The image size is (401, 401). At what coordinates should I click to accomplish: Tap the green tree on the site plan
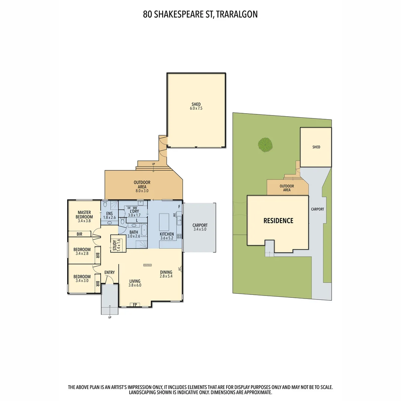point(265,144)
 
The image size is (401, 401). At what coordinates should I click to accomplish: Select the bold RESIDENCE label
point(278,221)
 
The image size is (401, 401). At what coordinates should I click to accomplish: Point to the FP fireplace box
point(135,305)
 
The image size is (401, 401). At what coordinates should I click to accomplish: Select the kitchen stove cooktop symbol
point(180,236)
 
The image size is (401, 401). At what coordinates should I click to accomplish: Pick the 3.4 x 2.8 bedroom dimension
point(82,254)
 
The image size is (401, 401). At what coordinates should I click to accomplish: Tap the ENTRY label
point(110,273)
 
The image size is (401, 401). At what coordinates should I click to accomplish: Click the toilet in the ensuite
point(105,205)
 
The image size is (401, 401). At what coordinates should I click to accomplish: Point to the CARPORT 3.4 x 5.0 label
point(200,227)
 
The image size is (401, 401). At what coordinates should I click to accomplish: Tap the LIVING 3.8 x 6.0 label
point(135,283)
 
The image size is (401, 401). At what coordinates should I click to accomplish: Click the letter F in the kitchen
point(179,206)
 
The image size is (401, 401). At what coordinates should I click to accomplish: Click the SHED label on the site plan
point(316,147)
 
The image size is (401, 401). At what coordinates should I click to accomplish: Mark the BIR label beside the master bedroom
point(79,234)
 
